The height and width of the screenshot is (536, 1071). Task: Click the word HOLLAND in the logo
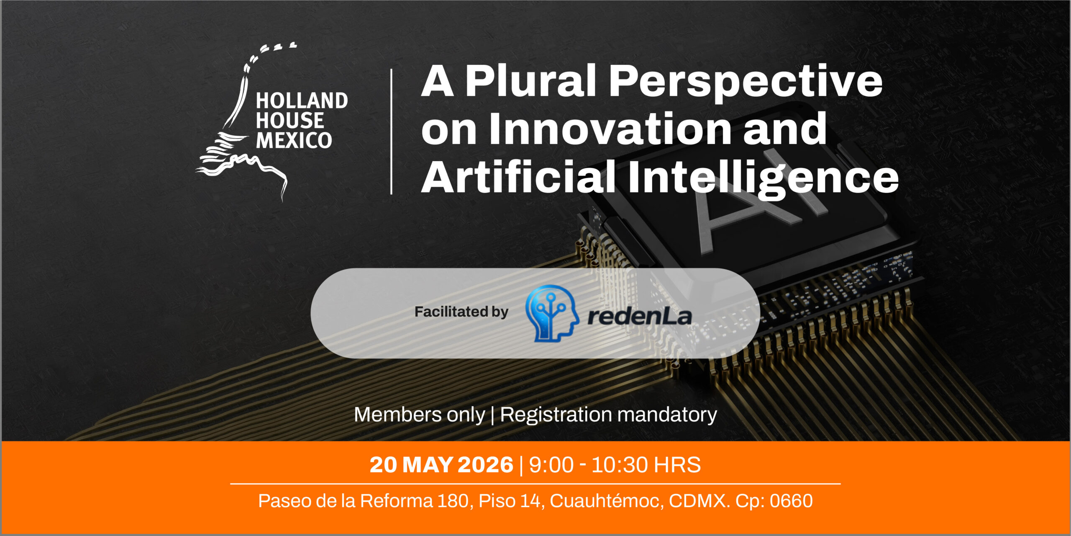302,101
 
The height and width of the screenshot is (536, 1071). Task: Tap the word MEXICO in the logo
294,140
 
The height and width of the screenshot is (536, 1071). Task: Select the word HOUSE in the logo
290,121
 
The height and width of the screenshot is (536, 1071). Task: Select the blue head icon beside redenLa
552,313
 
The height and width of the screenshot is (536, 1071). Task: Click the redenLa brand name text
639,317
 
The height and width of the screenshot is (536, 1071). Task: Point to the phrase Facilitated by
461,312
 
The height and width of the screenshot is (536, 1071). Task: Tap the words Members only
419,415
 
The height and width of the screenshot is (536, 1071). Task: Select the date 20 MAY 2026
441,465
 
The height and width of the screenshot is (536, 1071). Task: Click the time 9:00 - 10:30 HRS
615,465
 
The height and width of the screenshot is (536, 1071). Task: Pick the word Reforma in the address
396,501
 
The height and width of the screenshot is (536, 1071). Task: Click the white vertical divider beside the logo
391,131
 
